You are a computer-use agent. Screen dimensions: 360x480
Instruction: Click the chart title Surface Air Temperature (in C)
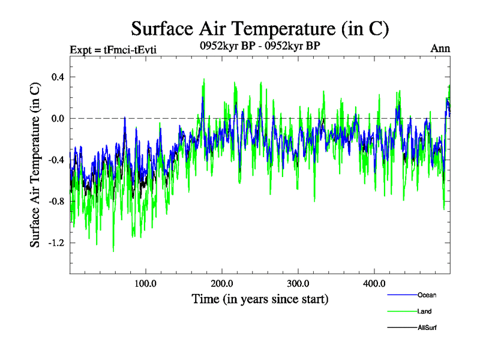260,28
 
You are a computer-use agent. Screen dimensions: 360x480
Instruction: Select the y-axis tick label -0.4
56,160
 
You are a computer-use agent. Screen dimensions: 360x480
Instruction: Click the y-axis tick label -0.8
56,201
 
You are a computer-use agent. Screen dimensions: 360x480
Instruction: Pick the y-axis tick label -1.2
56,242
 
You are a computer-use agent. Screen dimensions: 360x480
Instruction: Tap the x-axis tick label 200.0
222,283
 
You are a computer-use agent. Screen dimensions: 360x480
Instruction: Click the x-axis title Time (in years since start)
260,298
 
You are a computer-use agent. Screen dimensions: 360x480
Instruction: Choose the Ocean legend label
427,295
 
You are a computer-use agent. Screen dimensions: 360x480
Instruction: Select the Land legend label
425,311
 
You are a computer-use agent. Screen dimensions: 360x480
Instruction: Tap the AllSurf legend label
428,328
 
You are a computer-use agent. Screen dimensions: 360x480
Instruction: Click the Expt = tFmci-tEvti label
113,49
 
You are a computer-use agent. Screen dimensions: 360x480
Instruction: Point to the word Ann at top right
440,48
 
